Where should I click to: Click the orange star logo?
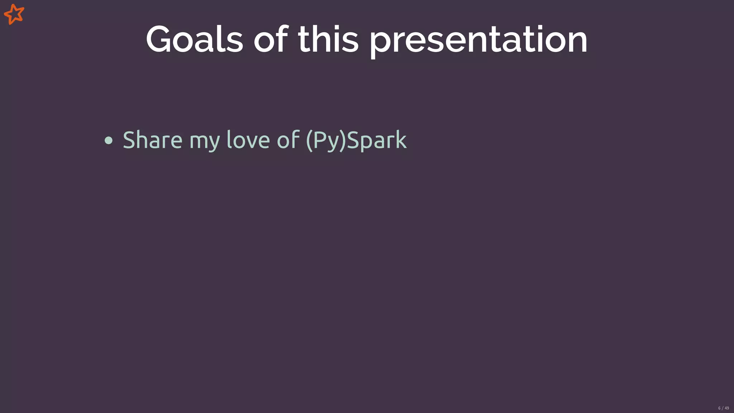click(14, 14)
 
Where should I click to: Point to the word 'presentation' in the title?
click(478, 40)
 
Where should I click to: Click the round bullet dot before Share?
click(109, 141)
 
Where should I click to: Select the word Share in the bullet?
click(152, 139)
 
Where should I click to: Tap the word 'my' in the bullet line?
click(204, 141)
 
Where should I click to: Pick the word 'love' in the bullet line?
click(248, 139)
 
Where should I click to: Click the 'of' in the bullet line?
click(288, 139)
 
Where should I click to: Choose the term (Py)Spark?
click(356, 140)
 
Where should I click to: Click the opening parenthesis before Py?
click(309, 140)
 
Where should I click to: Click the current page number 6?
click(719, 408)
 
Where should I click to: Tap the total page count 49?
click(727, 408)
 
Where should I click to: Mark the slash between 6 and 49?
click(723, 408)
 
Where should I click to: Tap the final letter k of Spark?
click(401, 139)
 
